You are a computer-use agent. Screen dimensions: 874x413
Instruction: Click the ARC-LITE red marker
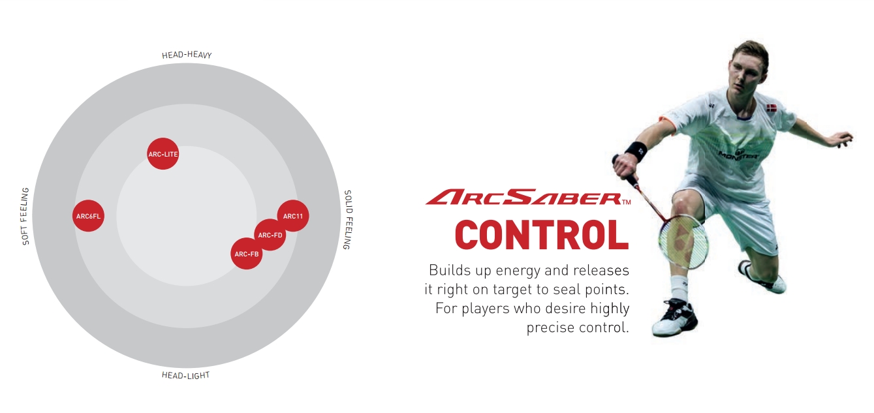pos(163,154)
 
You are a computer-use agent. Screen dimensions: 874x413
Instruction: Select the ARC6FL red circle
pos(89,216)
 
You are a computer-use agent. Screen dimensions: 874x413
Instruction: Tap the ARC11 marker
pos(293,216)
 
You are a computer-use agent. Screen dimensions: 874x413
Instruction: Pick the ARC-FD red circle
pos(270,235)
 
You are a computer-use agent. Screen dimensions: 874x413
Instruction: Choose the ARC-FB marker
pos(247,254)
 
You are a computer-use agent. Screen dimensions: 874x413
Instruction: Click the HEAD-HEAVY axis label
pos(187,55)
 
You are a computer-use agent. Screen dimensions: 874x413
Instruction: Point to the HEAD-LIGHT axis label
pos(186,375)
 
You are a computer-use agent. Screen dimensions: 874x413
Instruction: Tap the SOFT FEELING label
pos(25,216)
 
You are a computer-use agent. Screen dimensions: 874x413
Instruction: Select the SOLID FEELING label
pos(348,220)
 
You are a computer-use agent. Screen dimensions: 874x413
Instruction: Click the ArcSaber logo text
pos(527,197)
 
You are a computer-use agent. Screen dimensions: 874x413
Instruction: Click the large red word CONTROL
pos(542,235)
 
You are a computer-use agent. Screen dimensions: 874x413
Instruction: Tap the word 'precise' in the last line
pos(550,328)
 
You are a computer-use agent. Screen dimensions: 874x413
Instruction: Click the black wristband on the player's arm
pos(636,151)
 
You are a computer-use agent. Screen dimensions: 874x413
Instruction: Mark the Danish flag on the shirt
pos(771,108)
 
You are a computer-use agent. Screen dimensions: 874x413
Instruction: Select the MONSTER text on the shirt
pos(738,155)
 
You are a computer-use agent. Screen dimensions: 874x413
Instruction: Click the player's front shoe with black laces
pos(675,318)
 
